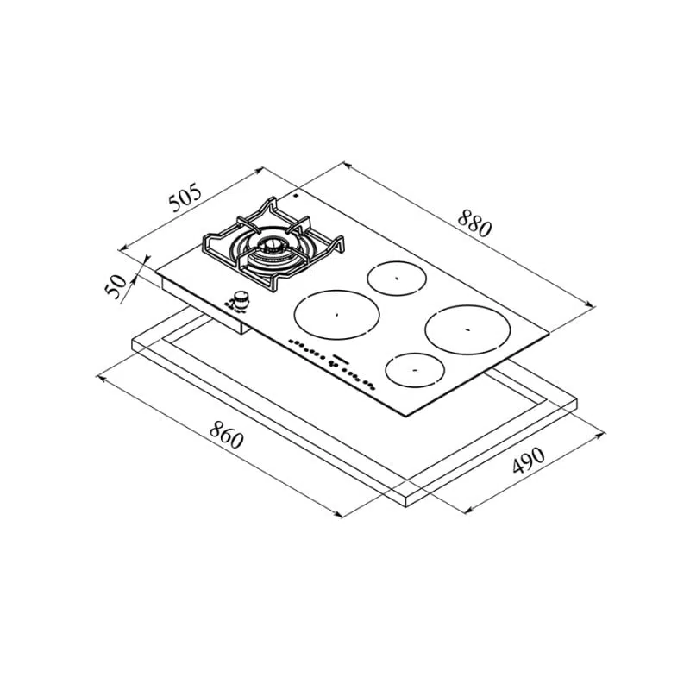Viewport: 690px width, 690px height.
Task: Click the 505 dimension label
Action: coord(185,198)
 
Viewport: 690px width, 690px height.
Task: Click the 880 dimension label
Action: coord(474,223)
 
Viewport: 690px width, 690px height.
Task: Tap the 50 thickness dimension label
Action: coord(116,286)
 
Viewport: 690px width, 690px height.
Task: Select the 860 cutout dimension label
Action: coord(226,435)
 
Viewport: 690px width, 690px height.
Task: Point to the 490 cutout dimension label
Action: coord(529,461)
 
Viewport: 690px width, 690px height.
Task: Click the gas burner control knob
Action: coord(241,299)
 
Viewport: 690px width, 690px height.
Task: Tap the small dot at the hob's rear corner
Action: coord(296,195)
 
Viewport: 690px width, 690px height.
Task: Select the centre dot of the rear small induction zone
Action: coord(397,278)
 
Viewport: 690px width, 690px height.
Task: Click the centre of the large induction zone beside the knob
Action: coord(336,314)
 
